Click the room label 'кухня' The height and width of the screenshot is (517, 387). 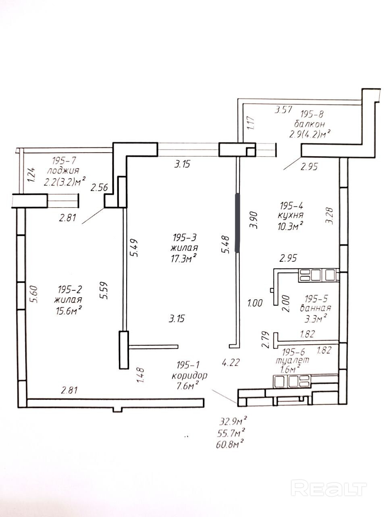pyautogui.click(x=291, y=215)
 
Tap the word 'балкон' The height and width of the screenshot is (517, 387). pyautogui.click(x=309, y=124)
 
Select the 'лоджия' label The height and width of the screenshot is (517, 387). pyautogui.click(x=63, y=170)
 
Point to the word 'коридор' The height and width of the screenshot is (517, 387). pyautogui.click(x=189, y=375)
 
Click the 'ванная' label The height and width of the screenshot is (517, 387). pyautogui.click(x=316, y=308)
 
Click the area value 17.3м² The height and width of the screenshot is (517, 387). pyautogui.click(x=184, y=258)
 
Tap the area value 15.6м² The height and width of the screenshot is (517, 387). pyautogui.click(x=69, y=311)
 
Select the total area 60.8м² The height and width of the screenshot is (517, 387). pyautogui.click(x=229, y=445)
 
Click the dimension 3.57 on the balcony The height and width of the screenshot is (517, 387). pyautogui.click(x=283, y=110)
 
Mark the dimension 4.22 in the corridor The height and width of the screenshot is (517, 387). pyautogui.click(x=231, y=362)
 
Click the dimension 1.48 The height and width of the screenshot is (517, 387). pyautogui.click(x=141, y=376)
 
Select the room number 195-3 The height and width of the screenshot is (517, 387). pyautogui.click(x=185, y=237)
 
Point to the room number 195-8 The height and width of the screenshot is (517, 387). pyautogui.click(x=312, y=114)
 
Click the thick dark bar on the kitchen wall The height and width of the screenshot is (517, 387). pyautogui.click(x=237, y=223)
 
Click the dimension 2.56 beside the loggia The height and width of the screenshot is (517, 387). pyautogui.click(x=100, y=187)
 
